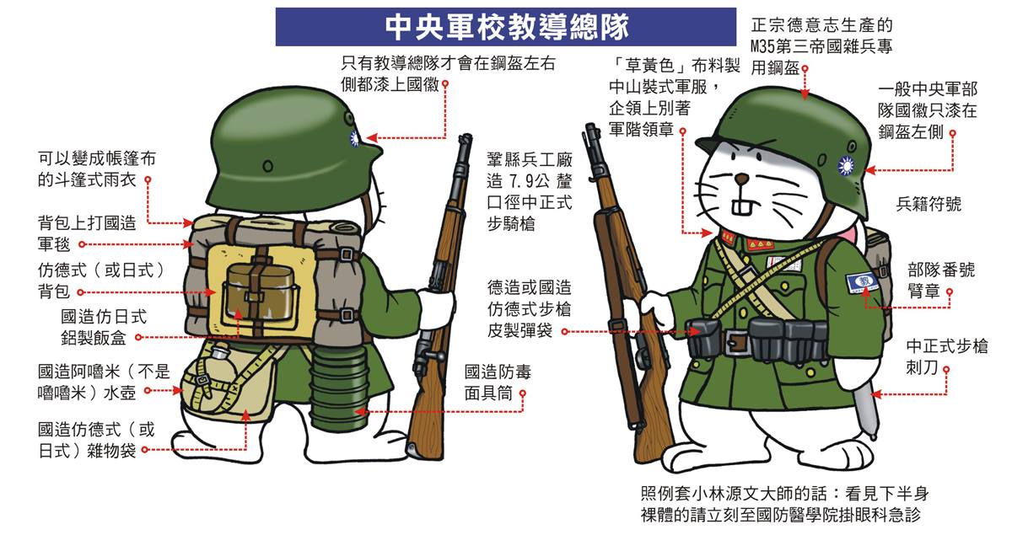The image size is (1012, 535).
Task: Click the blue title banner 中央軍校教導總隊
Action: click(x=505, y=27)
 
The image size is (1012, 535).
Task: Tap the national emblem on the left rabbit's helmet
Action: click(x=353, y=138)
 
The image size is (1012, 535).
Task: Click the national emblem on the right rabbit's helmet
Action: click(x=845, y=166)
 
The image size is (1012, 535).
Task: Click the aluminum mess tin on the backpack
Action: click(x=261, y=293)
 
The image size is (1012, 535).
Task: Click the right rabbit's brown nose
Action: click(x=741, y=179)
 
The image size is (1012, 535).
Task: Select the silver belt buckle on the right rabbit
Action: click(x=736, y=342)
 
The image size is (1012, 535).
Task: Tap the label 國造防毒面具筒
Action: click(x=498, y=383)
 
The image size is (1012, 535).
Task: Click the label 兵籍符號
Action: click(x=929, y=205)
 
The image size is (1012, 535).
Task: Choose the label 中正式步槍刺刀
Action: click(x=946, y=356)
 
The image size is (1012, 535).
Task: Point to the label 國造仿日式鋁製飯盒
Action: click(x=104, y=327)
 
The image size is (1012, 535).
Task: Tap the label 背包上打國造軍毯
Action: click(x=87, y=233)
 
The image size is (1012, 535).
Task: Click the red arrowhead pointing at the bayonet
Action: click(x=876, y=394)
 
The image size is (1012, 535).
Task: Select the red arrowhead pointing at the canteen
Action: click(x=178, y=391)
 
